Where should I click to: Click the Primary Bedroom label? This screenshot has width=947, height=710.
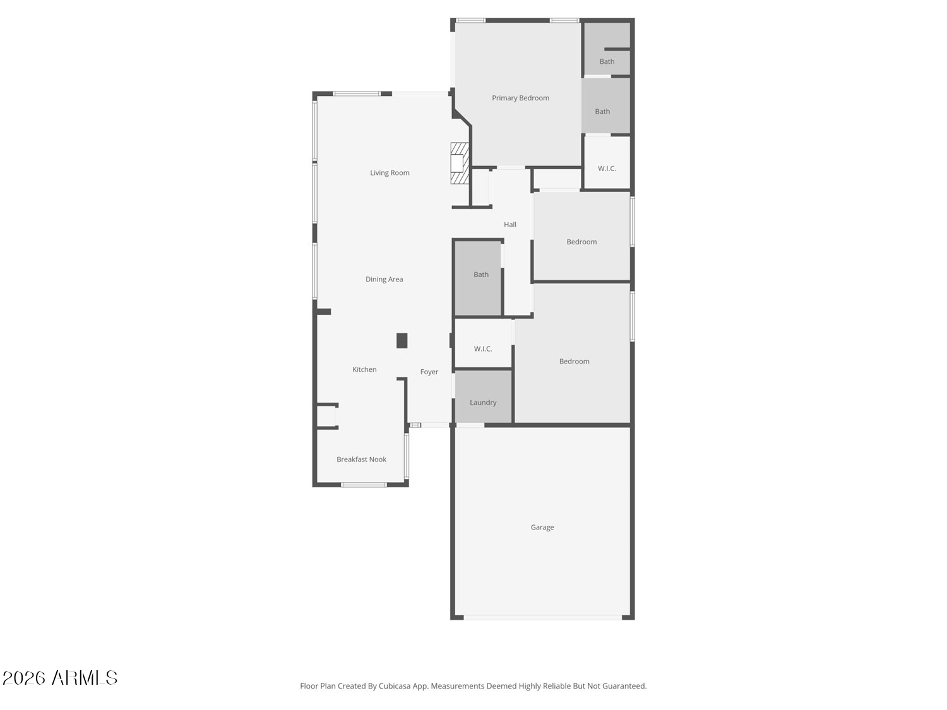point(520,98)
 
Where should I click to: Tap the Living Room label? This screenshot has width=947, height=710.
point(390,173)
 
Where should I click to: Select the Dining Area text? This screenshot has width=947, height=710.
point(384,280)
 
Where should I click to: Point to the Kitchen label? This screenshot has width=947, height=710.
point(364,369)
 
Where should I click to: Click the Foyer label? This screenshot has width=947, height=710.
point(429,372)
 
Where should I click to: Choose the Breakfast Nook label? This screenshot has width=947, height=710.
point(361,459)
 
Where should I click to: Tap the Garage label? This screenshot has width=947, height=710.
point(542,527)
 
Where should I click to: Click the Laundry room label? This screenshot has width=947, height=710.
point(483,402)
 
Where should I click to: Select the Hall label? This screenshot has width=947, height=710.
point(509,225)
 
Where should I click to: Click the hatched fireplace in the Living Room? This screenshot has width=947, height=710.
point(460,163)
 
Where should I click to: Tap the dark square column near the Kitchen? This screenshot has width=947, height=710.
point(402,341)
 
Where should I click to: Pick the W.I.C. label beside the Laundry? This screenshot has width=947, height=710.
point(483,349)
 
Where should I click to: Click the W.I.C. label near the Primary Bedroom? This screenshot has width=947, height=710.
point(607,169)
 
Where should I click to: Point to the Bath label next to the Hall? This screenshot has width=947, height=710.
point(480,275)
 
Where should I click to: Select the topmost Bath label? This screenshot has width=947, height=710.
point(607,62)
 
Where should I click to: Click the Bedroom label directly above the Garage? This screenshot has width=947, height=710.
point(574,361)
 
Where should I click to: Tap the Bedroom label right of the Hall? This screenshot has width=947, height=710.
point(581,242)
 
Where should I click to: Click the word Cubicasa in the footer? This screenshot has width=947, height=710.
point(395,686)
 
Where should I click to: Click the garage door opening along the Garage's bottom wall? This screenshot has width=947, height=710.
point(542,618)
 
